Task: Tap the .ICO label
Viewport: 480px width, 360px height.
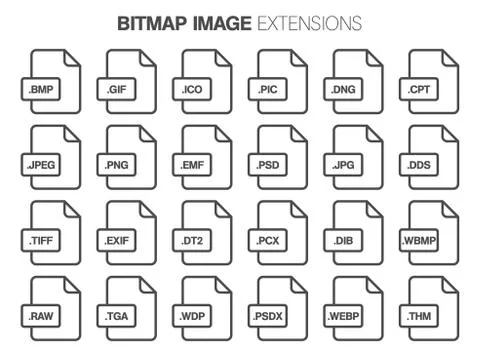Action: coord(193,90)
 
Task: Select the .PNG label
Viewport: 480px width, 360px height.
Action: coord(118,165)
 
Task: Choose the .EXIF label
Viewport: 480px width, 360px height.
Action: coord(118,241)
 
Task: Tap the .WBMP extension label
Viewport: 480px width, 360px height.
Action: coord(420,241)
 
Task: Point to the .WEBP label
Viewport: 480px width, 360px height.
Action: coord(345,316)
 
